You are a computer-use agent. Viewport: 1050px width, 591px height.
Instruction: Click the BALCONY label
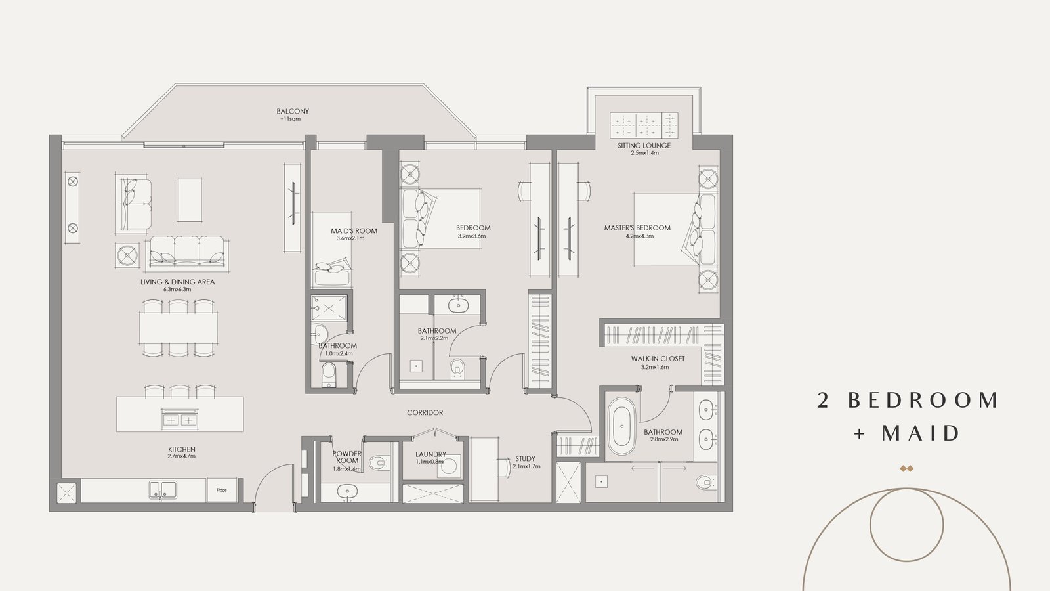click(293, 111)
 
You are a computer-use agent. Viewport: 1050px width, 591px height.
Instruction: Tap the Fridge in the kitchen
click(222, 490)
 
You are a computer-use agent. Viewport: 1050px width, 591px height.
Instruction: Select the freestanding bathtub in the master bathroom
click(621, 427)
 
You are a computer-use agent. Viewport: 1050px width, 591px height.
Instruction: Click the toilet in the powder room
click(380, 464)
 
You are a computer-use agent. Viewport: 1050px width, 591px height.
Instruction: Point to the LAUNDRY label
click(430, 454)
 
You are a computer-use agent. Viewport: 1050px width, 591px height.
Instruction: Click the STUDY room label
click(525, 459)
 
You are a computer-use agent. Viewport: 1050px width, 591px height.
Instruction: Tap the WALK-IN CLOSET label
click(658, 359)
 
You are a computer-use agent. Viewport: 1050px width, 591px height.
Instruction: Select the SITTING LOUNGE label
click(644, 145)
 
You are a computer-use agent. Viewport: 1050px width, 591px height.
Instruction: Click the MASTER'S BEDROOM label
click(637, 227)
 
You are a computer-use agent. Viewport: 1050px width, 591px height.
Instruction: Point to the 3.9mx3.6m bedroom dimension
click(472, 236)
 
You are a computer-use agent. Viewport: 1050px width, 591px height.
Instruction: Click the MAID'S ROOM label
click(354, 230)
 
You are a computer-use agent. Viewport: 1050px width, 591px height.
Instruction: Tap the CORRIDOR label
click(425, 413)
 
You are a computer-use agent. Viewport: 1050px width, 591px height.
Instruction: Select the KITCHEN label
click(181, 449)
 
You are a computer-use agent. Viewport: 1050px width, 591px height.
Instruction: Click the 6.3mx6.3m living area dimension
click(177, 290)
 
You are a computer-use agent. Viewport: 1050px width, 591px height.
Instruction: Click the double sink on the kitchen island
click(180, 420)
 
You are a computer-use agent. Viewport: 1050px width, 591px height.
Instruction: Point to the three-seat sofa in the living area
click(187, 252)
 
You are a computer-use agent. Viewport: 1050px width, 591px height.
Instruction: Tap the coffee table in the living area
click(190, 200)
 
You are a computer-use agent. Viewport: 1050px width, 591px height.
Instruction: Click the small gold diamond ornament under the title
click(906, 468)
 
